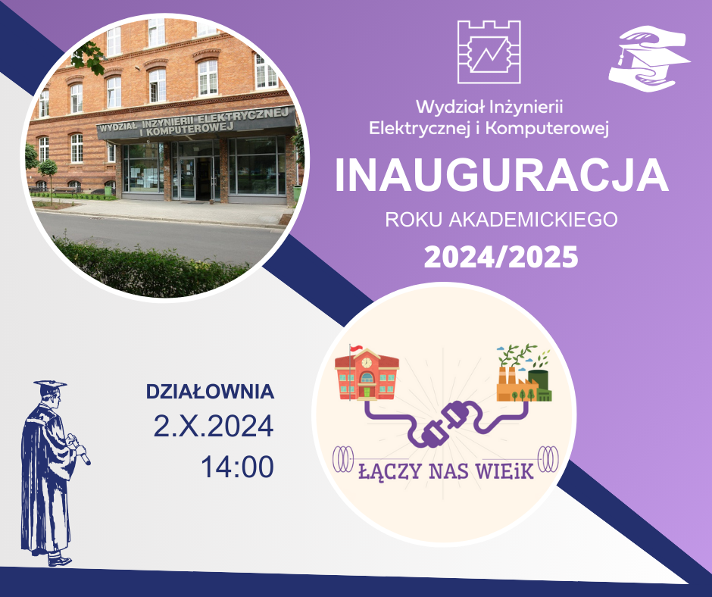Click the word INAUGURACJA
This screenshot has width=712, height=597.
pos(501,176)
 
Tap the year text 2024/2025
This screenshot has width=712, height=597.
pos(501,257)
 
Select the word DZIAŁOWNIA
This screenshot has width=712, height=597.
pos(209,392)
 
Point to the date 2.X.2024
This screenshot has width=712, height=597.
pos(213,427)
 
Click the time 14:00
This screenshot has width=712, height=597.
pos(236,467)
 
